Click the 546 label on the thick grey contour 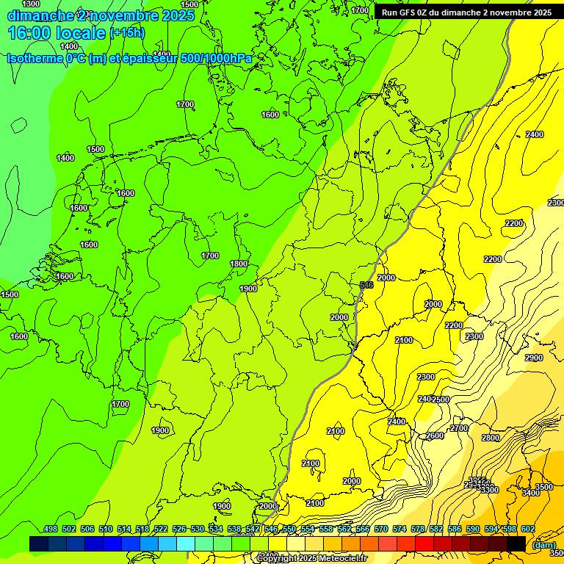[366, 285]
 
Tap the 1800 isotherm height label [239, 264]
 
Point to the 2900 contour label [534, 358]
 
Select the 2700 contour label [459, 428]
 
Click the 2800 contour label [491, 438]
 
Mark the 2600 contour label [435, 435]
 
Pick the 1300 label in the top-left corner [31, 4]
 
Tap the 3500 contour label [544, 487]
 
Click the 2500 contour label [441, 399]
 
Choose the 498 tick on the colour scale [51, 529]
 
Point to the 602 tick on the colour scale [528, 529]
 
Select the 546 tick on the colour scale [271, 529]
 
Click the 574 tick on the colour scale [399, 529]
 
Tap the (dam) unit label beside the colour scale [543, 544]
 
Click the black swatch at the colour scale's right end [516, 543]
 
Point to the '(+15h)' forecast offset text [127, 32]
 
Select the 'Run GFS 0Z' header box [466, 12]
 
